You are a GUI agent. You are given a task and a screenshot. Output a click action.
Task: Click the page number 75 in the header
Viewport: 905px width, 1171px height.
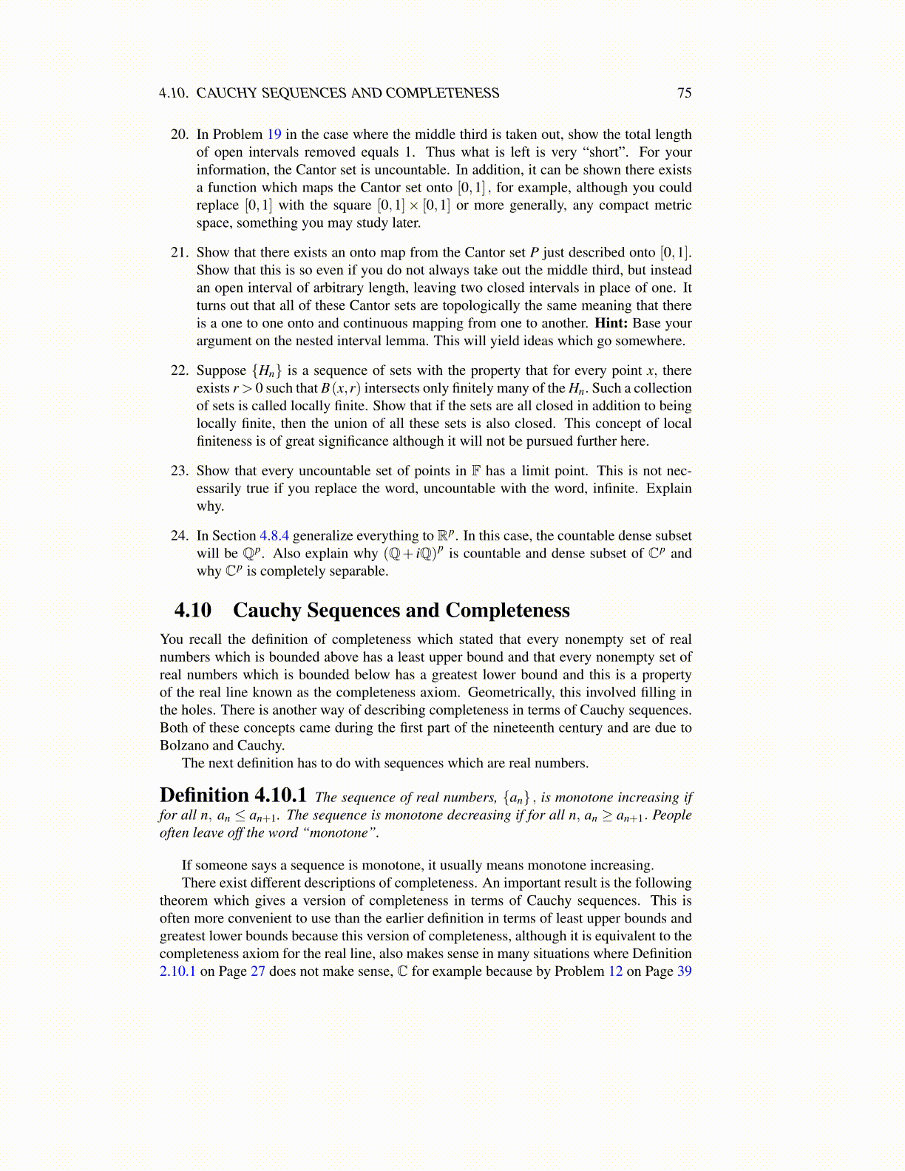pos(684,93)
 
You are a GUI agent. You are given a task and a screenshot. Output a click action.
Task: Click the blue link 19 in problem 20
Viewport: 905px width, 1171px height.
pos(274,135)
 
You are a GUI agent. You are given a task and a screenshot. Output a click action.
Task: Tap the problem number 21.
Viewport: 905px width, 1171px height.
pos(180,253)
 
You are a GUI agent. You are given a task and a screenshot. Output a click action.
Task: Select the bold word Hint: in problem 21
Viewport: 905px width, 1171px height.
pos(611,323)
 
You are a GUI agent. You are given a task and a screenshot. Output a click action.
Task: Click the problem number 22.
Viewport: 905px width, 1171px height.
pos(180,371)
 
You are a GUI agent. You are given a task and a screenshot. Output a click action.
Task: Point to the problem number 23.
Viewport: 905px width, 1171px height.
pos(180,471)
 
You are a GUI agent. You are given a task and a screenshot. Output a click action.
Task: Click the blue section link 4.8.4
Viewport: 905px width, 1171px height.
pos(274,536)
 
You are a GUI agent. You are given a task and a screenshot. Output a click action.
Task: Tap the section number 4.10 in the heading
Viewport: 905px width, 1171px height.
pos(193,611)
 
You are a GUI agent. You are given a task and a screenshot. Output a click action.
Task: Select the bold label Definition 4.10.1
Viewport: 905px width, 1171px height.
pos(233,795)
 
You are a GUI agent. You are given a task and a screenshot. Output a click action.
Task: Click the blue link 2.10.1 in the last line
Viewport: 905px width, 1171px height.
pos(177,971)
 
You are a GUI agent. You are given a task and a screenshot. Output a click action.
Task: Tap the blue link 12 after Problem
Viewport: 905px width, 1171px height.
pos(615,971)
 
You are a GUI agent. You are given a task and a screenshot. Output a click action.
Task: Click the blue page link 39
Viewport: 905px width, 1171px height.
pos(684,971)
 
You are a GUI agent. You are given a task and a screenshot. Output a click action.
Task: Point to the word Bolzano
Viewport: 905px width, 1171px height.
pos(184,746)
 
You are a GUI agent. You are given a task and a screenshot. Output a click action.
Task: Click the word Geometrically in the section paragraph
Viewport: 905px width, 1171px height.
pos(511,693)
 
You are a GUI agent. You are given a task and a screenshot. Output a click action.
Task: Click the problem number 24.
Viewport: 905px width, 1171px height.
pos(180,536)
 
